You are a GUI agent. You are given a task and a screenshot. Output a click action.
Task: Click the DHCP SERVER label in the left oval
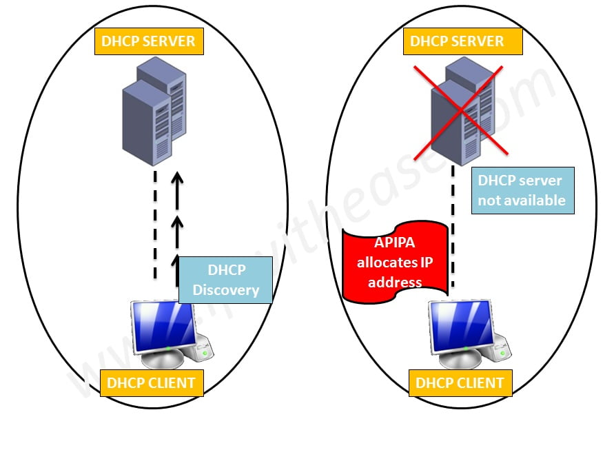tap(148, 41)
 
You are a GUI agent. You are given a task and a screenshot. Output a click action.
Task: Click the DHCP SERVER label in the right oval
tap(457, 41)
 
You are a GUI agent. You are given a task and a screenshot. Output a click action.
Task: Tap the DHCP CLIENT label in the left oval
tap(152, 382)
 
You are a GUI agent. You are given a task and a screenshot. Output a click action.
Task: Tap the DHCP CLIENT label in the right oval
tap(460, 382)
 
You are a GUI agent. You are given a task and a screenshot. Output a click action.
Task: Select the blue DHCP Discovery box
tap(225, 280)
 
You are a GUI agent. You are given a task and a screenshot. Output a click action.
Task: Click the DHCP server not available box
tap(522, 190)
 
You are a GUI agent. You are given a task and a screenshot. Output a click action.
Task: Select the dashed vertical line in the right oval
tap(453, 227)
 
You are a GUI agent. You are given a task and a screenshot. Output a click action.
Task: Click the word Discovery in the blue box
tap(225, 289)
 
